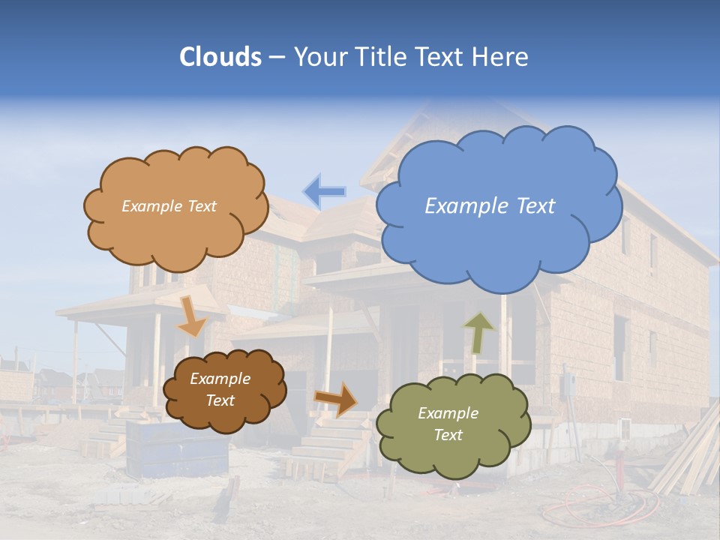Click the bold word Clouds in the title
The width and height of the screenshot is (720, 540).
click(x=220, y=57)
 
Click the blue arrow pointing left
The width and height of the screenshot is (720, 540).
click(x=325, y=191)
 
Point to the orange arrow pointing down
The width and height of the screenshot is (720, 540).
click(x=191, y=316)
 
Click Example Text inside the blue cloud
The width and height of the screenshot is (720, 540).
click(x=490, y=205)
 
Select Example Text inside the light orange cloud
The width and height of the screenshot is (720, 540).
click(x=169, y=205)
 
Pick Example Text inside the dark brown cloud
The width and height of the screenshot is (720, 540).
click(x=220, y=389)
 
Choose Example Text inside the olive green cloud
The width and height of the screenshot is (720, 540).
click(x=448, y=424)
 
